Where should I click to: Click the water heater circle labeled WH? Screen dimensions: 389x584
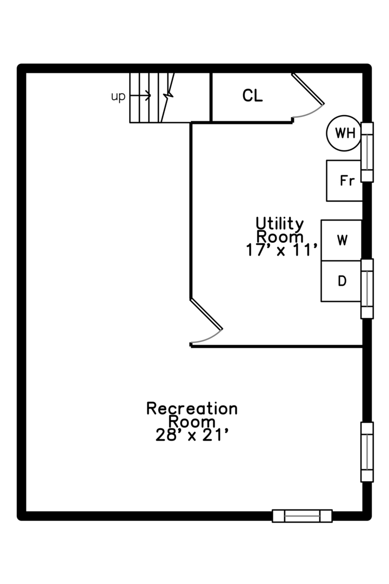coord(344,133)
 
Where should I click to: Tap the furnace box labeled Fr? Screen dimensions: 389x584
coord(344,181)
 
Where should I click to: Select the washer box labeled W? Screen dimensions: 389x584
coord(341,240)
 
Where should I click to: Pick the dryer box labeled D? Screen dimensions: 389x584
coord(341,281)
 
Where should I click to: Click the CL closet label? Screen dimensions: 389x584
coord(252,96)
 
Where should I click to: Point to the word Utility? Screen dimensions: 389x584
coord(279,223)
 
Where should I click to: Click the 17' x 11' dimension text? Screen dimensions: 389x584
coord(282,250)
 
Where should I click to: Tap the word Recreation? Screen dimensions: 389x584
coord(192,409)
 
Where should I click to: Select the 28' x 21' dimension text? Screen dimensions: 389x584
coord(192,435)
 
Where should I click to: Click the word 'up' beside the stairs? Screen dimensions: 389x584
coord(118,97)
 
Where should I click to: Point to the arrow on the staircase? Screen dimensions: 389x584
coord(140,96)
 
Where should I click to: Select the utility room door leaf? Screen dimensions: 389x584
coord(206,314)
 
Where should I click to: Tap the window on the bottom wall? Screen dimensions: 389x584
coord(302,516)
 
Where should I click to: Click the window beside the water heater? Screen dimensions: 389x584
coord(367,152)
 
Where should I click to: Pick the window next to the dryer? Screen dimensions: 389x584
coord(367,289)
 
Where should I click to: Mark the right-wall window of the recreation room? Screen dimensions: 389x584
coord(367,452)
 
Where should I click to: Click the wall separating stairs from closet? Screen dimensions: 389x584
coord(211,97)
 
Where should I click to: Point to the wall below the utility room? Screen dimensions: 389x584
coord(277,347)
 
